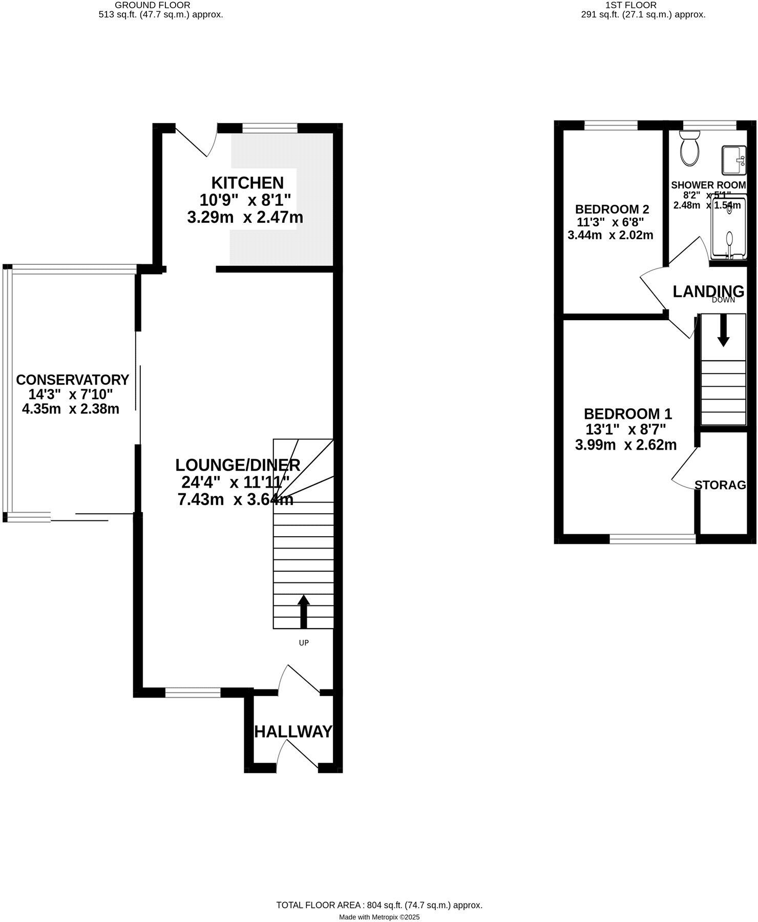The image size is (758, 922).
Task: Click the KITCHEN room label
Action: tap(247, 182)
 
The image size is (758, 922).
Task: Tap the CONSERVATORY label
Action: tap(72, 380)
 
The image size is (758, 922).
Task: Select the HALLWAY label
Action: tap(293, 731)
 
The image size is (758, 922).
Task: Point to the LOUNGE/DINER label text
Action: tap(237, 465)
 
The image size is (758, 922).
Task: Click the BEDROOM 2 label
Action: tap(612, 209)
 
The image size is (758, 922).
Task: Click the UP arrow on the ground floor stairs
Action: tap(304, 612)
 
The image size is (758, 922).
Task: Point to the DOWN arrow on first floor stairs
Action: tap(723, 330)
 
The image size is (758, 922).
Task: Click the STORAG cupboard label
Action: tap(720, 485)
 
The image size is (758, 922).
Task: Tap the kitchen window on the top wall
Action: tap(270, 128)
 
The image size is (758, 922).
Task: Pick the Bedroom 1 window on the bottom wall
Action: tap(652, 538)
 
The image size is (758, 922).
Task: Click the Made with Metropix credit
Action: tap(379, 917)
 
